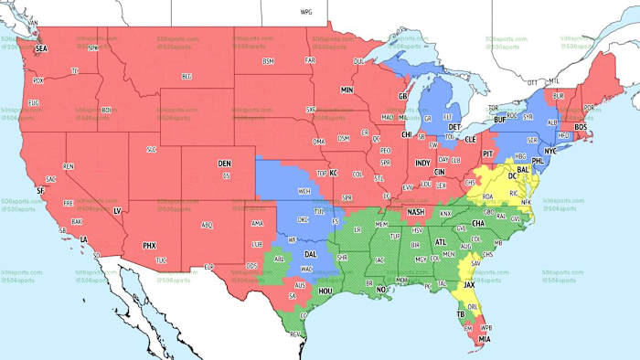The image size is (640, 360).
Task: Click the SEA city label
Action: pos(40,48)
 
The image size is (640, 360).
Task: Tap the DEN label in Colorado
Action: pos(224,164)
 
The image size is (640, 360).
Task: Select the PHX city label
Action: pos(149,245)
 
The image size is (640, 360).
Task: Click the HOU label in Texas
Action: pos(324,292)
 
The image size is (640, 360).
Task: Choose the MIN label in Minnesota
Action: pos(347,90)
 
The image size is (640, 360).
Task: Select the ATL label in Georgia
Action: pos(441,242)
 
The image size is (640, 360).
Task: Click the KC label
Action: pos(334,173)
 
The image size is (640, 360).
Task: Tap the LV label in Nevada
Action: pos(116,211)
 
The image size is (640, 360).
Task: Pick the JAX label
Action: pos(469,284)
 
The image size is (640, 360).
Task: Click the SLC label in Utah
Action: pos(152,149)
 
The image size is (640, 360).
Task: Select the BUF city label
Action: pos(499,120)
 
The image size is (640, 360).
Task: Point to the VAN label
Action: pos(34,21)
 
